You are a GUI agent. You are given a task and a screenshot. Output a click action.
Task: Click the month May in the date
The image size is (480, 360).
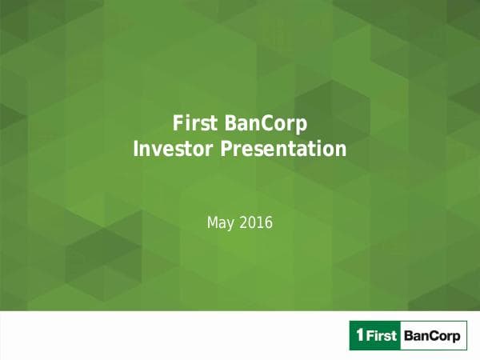pyautogui.click(x=219, y=222)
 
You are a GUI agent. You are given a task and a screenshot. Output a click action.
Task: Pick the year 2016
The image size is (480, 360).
pyautogui.click(x=255, y=222)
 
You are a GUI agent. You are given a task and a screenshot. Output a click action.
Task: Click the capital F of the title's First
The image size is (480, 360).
pyautogui.click(x=178, y=124)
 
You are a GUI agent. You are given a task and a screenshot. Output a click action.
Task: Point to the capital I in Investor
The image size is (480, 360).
pyautogui.click(x=135, y=149)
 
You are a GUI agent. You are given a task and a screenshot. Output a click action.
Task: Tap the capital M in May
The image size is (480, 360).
pyautogui.click(x=212, y=222)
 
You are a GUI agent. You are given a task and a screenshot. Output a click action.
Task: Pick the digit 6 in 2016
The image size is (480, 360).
pyautogui.click(x=269, y=222)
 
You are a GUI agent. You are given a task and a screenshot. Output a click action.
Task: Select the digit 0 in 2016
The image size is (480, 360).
pyautogui.click(x=251, y=222)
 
